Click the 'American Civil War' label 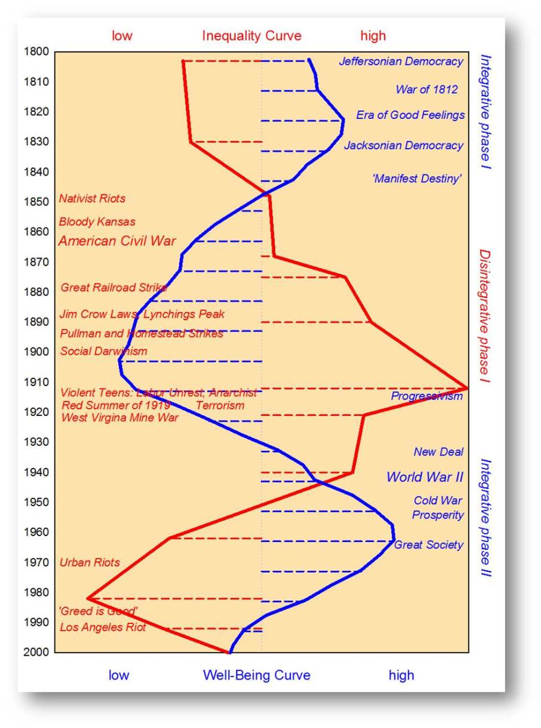(117, 241)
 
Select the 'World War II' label (425, 477)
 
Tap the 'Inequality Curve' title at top (251, 36)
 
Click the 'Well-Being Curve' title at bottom (256, 675)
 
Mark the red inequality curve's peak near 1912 (466, 388)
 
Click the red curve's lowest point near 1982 (88, 598)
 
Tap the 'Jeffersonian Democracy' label (401, 62)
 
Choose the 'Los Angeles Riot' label (103, 628)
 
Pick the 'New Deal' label (438, 452)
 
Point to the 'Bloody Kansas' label (97, 222)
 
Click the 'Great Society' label (428, 545)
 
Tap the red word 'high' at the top (373, 36)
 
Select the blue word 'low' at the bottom (118, 675)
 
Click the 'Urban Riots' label (90, 562)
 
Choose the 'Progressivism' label (426, 396)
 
